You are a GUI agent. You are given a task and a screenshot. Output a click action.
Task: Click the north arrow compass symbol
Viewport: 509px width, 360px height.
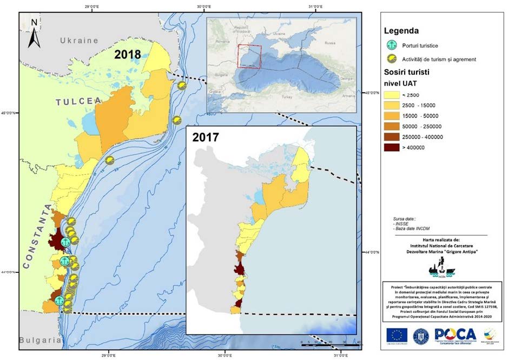click(34, 33)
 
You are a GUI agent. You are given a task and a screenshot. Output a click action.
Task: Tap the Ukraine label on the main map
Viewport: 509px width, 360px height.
click(79, 41)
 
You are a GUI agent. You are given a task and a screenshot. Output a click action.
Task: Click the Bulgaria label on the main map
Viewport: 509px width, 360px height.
click(39, 341)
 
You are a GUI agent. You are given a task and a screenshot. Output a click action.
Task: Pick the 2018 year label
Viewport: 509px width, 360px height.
click(128, 55)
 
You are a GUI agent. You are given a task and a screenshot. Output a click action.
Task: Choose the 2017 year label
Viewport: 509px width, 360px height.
click(206, 138)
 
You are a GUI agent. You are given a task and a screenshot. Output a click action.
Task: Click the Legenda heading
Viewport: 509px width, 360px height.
click(401, 31)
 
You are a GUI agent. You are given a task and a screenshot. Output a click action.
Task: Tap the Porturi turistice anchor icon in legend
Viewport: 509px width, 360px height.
click(389, 46)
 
